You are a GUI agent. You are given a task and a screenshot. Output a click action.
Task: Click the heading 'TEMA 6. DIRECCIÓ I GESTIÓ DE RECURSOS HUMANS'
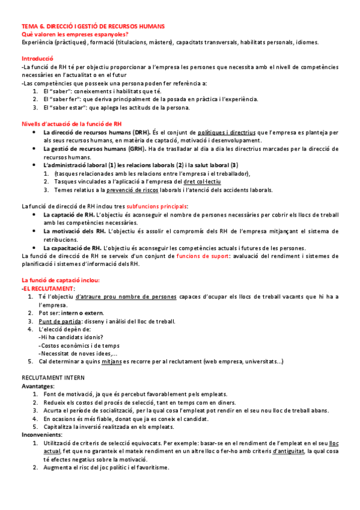(x=93, y=27)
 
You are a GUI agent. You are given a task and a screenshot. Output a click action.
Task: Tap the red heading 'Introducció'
(x=38, y=58)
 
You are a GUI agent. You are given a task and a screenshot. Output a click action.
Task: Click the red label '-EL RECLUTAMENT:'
(x=48, y=289)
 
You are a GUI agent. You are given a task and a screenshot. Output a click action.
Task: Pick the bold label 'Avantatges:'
(x=38, y=386)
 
